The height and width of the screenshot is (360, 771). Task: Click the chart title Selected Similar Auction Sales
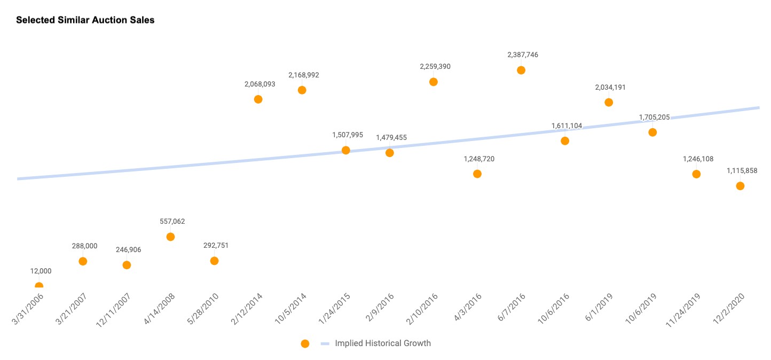coord(85,20)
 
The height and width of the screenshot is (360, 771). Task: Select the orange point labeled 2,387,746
coord(521,70)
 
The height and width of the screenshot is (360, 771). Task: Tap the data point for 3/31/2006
coord(39,286)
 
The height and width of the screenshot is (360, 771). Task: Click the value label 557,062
coord(172,221)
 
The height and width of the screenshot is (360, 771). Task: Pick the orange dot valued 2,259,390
coord(434,82)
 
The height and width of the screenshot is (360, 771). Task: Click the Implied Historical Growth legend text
coord(382,343)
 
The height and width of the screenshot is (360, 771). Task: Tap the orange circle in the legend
coord(305,343)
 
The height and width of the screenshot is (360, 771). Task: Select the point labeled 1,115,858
coord(740,186)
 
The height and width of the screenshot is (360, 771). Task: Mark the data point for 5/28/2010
coord(214,261)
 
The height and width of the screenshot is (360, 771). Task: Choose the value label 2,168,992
coord(304,75)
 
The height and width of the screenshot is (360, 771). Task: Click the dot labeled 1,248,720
coord(477,174)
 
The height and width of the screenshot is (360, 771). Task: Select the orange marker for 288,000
coord(83,261)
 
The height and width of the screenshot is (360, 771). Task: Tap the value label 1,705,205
coord(654,117)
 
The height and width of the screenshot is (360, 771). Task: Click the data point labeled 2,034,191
coord(609,102)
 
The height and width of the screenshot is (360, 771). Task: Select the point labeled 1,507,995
coord(346,150)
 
